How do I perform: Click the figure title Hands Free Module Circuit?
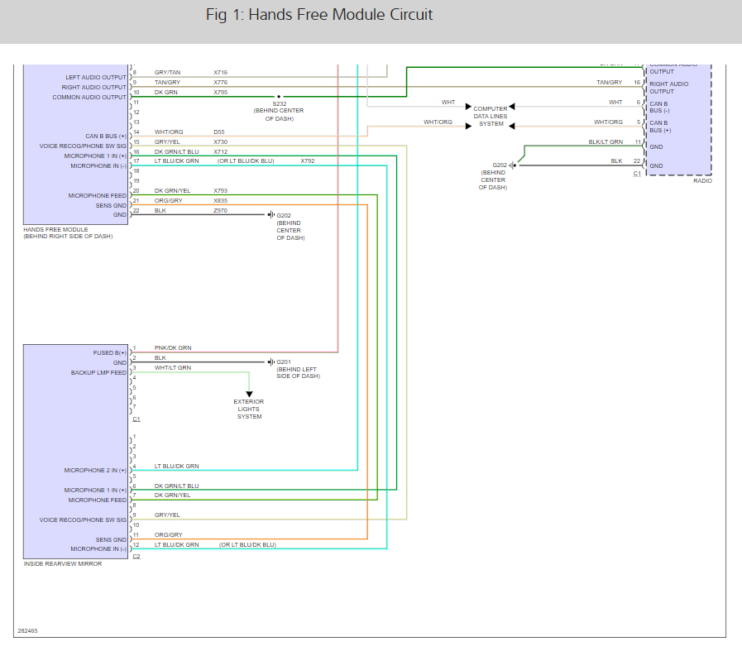(318, 16)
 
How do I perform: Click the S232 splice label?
(279, 103)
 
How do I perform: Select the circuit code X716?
(220, 73)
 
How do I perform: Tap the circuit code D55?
(218, 132)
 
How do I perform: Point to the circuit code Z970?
(220, 211)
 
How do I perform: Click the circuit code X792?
(308, 161)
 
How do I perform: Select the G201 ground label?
(284, 362)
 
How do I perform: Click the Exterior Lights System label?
(249, 409)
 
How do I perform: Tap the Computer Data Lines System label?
(491, 116)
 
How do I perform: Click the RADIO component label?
(703, 180)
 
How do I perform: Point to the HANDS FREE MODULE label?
(55, 229)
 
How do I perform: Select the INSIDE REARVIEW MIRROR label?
(63, 564)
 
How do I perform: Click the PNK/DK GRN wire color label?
(173, 348)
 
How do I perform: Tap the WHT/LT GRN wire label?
(173, 368)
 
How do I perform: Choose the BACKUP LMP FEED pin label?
(98, 373)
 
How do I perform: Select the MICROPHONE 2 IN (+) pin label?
(95, 470)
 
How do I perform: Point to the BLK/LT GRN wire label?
(606, 142)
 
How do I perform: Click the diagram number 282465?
(27, 631)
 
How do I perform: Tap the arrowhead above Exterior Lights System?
(249, 395)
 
